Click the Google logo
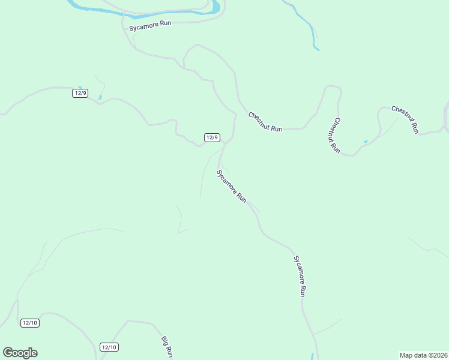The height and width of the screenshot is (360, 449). coord(20,353)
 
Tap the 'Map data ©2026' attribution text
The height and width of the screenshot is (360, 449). coord(423,355)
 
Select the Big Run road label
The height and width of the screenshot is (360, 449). coord(167,347)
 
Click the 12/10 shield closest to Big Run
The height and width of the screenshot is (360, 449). coord(109,347)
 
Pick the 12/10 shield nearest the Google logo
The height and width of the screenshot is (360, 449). coord(30,323)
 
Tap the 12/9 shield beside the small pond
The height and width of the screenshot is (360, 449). coord(80,92)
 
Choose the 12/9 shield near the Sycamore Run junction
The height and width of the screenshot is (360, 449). coord(212,137)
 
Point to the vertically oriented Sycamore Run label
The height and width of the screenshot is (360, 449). coord(300,276)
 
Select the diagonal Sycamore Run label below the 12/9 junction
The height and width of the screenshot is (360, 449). coord(232,187)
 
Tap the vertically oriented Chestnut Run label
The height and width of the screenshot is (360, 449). coord(334,136)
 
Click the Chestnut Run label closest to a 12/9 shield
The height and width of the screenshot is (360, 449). coord(265,122)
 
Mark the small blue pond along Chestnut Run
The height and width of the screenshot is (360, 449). coord(366,142)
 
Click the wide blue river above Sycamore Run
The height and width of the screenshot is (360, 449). coord(144,10)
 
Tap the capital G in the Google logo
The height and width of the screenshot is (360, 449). coord(8,353)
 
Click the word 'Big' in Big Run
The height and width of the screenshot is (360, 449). coord(164,341)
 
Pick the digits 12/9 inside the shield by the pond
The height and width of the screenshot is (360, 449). coord(80,92)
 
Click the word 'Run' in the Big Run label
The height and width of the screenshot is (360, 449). coord(169,352)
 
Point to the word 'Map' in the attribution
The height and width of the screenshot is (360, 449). coord(407,355)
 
